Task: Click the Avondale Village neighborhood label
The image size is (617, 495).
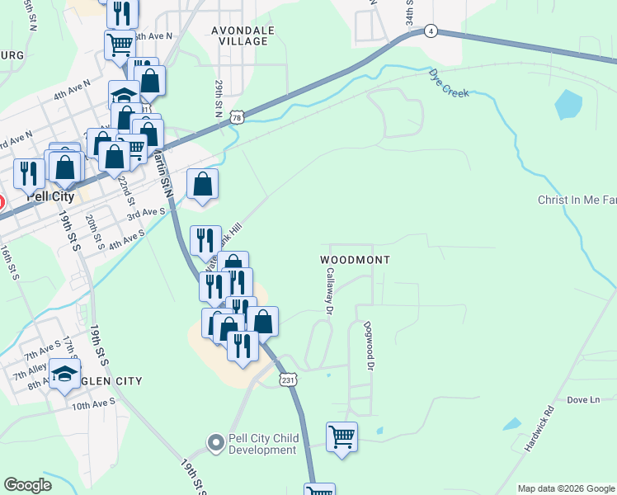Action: pos(240,35)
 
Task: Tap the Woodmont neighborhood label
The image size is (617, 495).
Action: pos(354,259)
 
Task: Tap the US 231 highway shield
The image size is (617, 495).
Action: pos(286,379)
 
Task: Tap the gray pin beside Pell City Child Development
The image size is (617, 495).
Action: pos(215,443)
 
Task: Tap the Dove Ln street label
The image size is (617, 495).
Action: pos(583,400)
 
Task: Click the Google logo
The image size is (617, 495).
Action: pos(27,485)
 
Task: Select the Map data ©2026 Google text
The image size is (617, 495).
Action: pos(565,488)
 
